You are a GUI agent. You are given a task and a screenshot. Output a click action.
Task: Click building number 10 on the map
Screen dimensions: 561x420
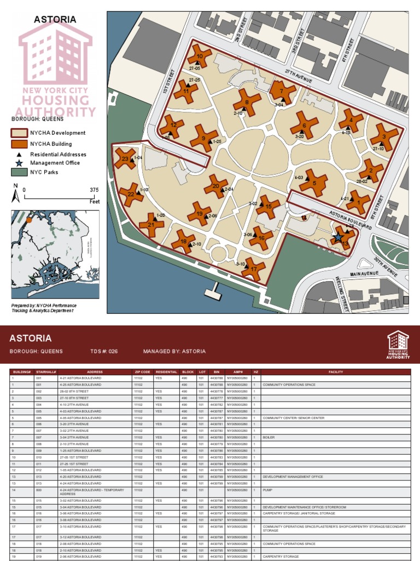click(199, 56)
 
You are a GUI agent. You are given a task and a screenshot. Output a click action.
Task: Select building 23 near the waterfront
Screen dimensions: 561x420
click(125, 159)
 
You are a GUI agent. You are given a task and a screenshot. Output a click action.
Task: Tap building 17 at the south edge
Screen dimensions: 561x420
click(253, 269)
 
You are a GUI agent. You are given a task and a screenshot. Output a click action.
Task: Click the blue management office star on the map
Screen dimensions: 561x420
click(339, 237)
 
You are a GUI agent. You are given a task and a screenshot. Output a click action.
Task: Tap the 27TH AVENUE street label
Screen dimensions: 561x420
click(298, 79)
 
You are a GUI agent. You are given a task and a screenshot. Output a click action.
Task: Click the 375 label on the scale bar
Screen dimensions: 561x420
click(94, 190)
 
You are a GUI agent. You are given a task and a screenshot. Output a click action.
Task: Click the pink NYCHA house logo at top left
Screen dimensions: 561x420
click(55, 49)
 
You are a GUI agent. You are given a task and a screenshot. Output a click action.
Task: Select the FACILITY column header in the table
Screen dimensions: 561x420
click(335, 372)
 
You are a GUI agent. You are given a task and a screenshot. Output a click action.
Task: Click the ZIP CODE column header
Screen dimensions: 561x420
click(142, 372)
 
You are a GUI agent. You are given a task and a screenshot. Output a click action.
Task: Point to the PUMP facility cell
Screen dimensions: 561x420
click(267, 490)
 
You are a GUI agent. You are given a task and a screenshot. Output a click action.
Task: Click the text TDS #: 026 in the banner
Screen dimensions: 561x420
click(104, 351)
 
